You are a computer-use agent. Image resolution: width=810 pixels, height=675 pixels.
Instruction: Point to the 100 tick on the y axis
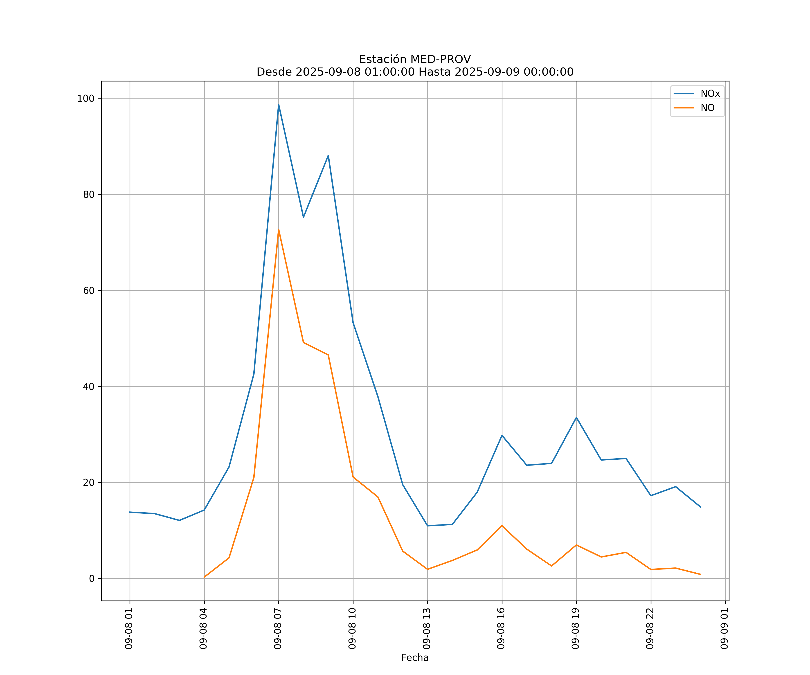pyautogui.click(x=86, y=98)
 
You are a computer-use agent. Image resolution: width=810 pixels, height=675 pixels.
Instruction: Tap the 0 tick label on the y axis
pyautogui.click(x=92, y=578)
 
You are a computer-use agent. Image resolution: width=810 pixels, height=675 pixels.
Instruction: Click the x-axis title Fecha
pyautogui.click(x=415, y=658)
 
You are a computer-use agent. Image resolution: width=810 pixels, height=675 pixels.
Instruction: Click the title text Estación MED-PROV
pyautogui.click(x=415, y=59)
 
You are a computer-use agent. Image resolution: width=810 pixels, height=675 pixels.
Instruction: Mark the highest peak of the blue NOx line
pyautogui.click(x=279, y=105)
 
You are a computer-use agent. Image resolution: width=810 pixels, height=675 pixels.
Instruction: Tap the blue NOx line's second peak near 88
pyautogui.click(x=328, y=155)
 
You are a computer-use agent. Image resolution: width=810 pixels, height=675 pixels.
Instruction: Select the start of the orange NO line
pyautogui.click(x=204, y=577)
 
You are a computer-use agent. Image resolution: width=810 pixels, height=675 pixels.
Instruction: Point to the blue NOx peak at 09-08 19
pyautogui.click(x=576, y=417)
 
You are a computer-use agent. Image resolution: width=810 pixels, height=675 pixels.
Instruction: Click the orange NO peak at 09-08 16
pyautogui.click(x=502, y=526)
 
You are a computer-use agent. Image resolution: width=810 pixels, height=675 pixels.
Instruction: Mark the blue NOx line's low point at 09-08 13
pyautogui.click(x=427, y=526)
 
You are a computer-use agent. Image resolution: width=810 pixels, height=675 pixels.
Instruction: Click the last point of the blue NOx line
pyautogui.click(x=700, y=507)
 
